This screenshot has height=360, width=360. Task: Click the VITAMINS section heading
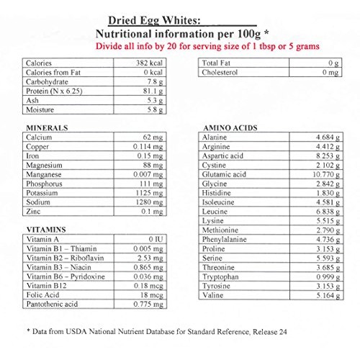click(x=45, y=228)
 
